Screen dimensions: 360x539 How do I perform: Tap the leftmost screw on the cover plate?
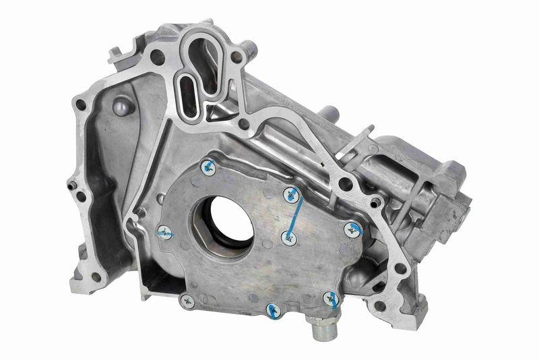click(x=164, y=233)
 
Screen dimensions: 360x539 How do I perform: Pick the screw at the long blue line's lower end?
click(x=288, y=237)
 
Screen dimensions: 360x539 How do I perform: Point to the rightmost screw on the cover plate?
click(x=352, y=230)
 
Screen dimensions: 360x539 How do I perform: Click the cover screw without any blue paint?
click(x=188, y=301)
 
